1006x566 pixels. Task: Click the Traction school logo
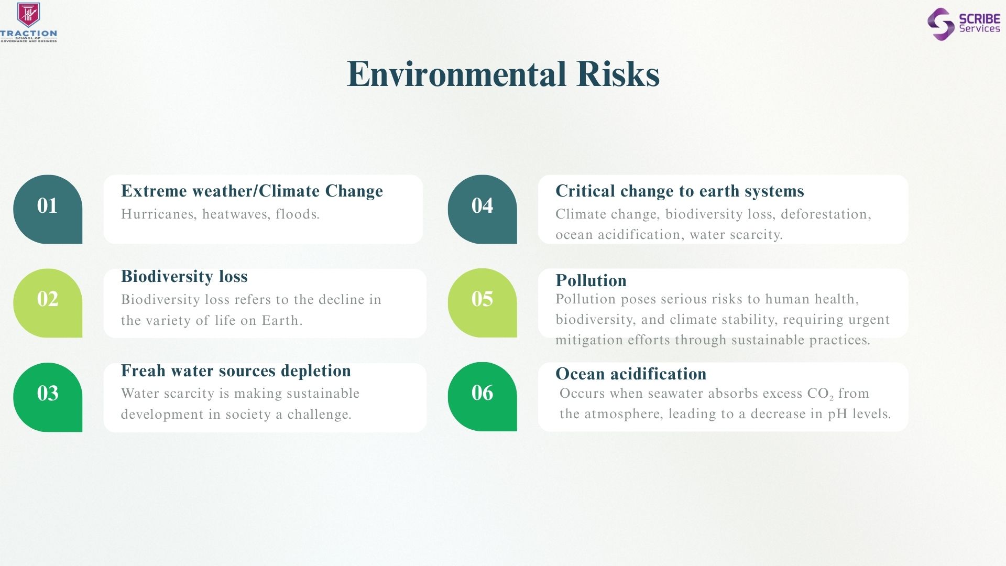point(29,22)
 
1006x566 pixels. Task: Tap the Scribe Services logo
point(964,24)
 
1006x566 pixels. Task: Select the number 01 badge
point(48,209)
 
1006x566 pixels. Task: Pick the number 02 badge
point(48,303)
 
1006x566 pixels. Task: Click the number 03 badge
point(48,397)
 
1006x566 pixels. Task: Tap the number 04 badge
point(482,209)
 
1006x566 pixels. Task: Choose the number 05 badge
point(482,303)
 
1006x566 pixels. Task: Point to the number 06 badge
point(482,397)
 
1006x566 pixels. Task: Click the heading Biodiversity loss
point(184,276)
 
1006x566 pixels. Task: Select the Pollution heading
point(591,280)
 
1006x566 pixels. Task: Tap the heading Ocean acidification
point(631,374)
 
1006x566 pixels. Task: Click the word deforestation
point(826,214)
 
